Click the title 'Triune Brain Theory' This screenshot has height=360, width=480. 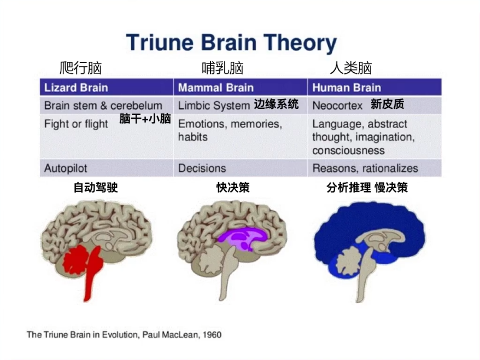(231, 43)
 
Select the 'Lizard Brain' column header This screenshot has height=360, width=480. (75, 88)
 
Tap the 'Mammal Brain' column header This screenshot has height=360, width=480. (216, 88)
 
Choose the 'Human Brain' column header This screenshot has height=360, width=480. (347, 88)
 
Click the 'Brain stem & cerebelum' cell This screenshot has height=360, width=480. (103, 106)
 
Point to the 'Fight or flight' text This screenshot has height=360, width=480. (76, 124)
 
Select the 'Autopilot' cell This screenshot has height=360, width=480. (66, 169)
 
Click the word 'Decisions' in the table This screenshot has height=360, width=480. (202, 169)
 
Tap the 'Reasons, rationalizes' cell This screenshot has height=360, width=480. (365, 169)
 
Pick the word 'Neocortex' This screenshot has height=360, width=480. (337, 106)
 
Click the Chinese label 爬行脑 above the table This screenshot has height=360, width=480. (80, 68)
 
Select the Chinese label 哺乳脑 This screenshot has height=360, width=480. (222, 68)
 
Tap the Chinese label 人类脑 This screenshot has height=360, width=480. (351, 68)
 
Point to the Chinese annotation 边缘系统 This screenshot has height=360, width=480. (276, 104)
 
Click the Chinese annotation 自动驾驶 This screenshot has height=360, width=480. (96, 188)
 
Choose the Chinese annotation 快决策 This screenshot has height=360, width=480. (233, 188)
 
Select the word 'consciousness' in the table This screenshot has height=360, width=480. (348, 150)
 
